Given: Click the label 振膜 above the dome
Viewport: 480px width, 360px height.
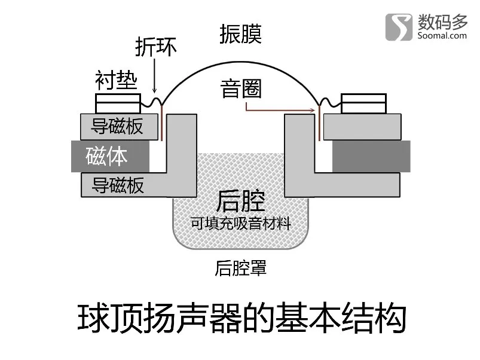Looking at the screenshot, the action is (x=241, y=34).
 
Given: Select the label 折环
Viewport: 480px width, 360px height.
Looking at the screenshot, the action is (x=156, y=47).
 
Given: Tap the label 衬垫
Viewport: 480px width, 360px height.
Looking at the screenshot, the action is (x=116, y=80).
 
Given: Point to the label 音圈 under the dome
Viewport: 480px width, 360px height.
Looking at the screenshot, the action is (x=241, y=89).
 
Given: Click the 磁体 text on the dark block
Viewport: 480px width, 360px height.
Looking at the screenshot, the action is (x=106, y=156).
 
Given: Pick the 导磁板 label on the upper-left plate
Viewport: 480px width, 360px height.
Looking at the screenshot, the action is (x=117, y=126).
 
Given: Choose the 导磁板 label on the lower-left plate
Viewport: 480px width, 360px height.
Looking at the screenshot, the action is (x=118, y=185).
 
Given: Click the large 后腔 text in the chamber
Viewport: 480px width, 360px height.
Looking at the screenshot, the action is (x=241, y=201).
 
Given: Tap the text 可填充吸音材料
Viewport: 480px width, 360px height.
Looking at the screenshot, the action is (x=241, y=223).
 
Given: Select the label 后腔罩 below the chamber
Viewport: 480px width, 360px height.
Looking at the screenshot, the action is (x=241, y=268).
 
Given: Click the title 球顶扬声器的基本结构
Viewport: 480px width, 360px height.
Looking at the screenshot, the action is (x=242, y=318).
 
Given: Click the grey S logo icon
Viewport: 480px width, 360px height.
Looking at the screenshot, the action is (x=399, y=27).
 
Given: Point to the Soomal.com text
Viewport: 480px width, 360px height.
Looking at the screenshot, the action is (x=442, y=35).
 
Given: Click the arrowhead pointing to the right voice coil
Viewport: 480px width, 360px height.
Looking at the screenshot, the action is (x=312, y=110).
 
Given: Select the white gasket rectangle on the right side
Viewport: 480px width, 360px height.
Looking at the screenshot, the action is (x=363, y=104).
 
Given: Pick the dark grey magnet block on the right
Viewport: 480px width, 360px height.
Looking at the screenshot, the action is (x=371, y=156).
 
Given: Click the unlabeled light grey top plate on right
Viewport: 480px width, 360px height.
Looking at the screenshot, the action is (x=362, y=127).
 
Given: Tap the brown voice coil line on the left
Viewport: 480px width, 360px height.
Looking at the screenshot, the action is (x=161, y=123).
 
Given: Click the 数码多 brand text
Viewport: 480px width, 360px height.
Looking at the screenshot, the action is (x=443, y=22).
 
